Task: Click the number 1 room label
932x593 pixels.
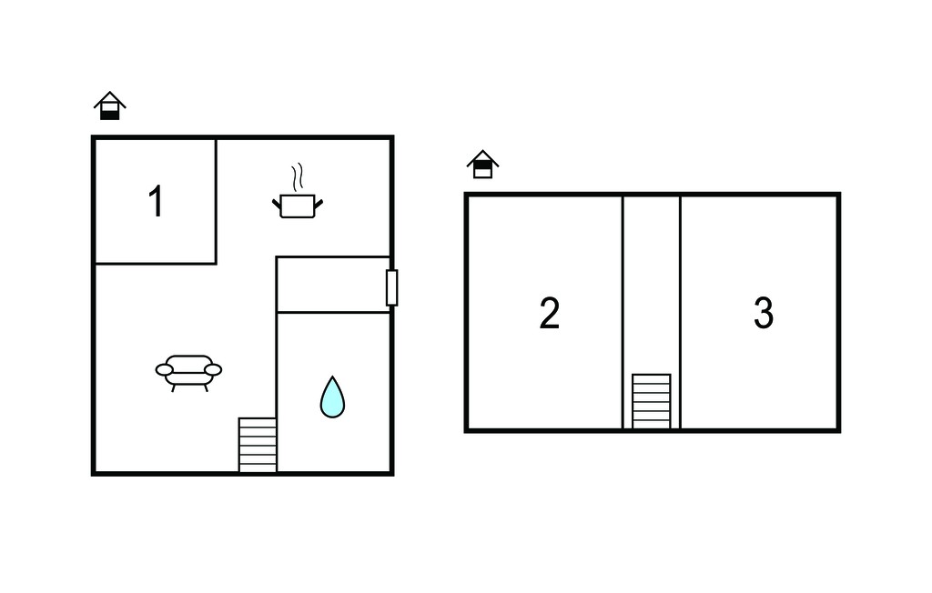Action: [156, 201]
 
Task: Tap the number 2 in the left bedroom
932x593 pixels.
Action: [549, 313]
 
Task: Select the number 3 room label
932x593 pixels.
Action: [764, 313]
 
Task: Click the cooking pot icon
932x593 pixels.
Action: [298, 206]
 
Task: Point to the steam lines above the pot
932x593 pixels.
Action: [298, 176]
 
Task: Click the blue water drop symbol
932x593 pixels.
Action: [332, 397]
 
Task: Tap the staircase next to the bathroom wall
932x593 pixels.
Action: [258, 445]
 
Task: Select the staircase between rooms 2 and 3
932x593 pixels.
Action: [652, 401]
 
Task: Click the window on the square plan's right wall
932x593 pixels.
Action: [391, 287]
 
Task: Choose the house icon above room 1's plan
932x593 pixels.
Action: [110, 106]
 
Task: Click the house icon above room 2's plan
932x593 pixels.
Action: [482, 164]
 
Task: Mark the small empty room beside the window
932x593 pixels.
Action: [333, 285]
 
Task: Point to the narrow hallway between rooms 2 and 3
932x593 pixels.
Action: [652, 286]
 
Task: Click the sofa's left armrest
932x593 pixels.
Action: [165, 370]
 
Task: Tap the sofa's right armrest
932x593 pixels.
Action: [213, 370]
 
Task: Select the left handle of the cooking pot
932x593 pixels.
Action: [277, 205]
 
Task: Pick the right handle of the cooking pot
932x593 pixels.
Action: [319, 204]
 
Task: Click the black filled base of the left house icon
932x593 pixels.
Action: [110, 116]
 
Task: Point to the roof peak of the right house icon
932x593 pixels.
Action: [482, 150]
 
